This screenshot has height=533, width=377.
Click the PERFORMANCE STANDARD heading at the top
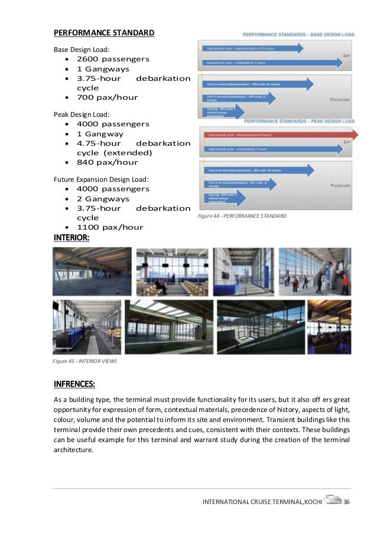103,31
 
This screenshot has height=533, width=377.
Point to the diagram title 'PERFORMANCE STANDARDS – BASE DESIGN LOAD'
299,35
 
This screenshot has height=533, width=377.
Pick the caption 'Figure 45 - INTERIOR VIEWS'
84,361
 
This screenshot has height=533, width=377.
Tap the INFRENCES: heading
74,385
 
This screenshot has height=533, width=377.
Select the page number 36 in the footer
347,502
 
